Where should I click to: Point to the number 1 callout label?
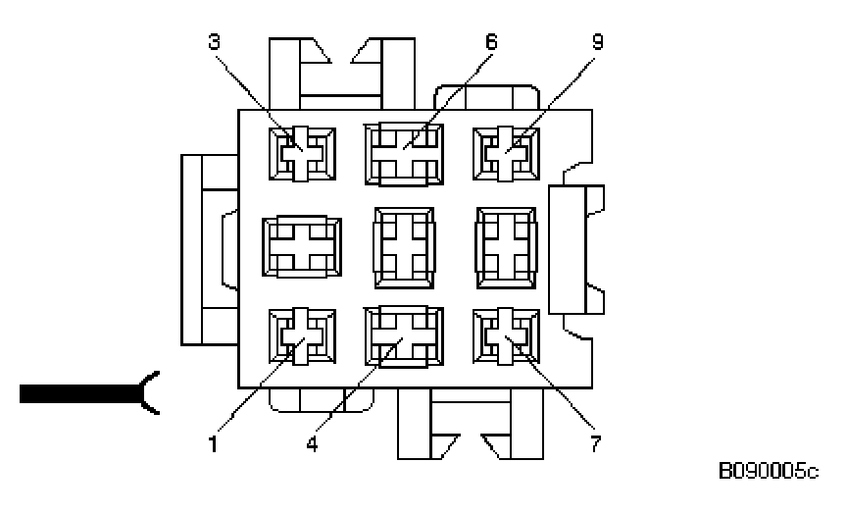click(213, 442)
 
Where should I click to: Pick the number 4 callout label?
click(311, 442)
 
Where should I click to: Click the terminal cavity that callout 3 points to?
click(302, 155)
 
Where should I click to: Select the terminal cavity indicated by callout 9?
click(505, 155)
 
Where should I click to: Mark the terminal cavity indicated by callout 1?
click(302, 337)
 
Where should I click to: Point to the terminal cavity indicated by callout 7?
click(505, 337)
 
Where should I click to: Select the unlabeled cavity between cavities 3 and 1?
click(302, 246)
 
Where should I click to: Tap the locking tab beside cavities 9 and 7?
click(577, 249)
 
